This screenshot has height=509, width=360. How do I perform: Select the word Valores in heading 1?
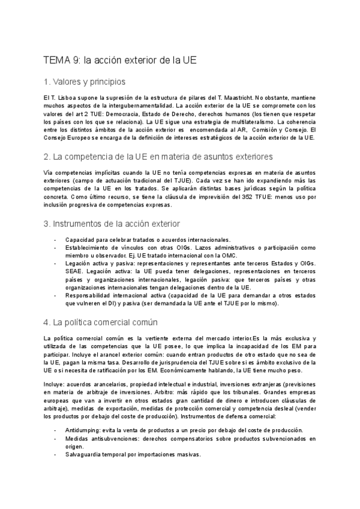click(x=68, y=82)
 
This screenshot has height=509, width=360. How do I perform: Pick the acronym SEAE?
click(x=74, y=271)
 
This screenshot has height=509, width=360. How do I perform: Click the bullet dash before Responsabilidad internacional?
click(x=56, y=295)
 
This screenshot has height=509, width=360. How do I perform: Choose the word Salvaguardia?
click(x=85, y=454)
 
